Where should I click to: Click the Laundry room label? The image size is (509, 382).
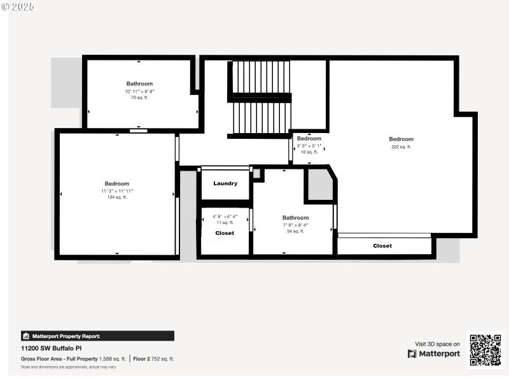[x=225, y=183]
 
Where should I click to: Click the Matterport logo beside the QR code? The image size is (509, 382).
[x=434, y=354]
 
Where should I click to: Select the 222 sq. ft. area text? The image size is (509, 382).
[x=401, y=146]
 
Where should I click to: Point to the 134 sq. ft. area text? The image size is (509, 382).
[x=117, y=197]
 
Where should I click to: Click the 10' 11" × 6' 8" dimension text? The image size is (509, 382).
[x=139, y=91]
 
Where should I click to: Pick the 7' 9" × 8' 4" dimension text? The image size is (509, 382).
[x=295, y=225]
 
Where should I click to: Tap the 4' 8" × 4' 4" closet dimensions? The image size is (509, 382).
[x=225, y=216]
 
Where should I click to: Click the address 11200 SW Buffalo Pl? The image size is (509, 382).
[x=52, y=348]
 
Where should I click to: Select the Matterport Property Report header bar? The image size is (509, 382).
[x=97, y=336]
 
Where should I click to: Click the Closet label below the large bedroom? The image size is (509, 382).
[x=382, y=246]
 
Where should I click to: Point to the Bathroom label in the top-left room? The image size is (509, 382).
[x=139, y=83]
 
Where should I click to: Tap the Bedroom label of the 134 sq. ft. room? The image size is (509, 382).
[x=117, y=183]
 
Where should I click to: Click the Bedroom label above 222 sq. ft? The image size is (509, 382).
[x=401, y=139]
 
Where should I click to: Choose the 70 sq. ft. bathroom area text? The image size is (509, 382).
[x=139, y=98]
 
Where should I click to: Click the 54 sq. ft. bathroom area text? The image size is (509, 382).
[x=295, y=232]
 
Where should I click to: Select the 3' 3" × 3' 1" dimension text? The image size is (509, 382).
[x=309, y=146]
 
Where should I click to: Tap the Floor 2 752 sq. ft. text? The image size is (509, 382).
[x=153, y=359]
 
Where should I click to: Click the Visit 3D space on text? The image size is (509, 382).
[x=437, y=344]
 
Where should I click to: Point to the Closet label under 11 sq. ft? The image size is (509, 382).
[x=225, y=233]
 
